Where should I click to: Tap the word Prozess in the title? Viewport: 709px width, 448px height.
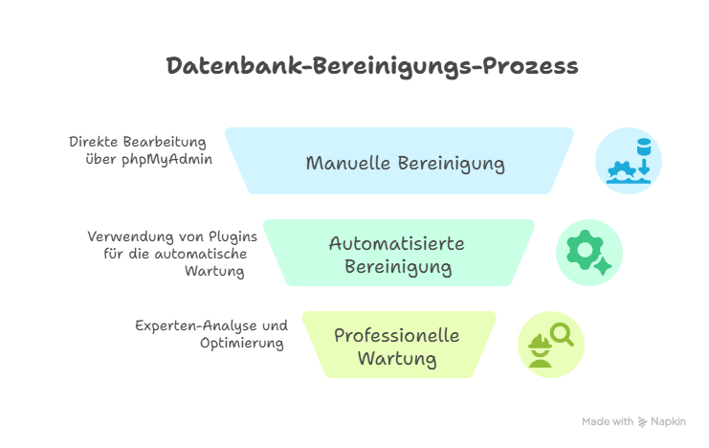[530, 66]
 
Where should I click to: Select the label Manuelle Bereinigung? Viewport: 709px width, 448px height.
[405, 164]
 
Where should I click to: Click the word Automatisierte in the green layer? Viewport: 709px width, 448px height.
[396, 243]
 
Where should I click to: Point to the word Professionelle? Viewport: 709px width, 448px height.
[396, 335]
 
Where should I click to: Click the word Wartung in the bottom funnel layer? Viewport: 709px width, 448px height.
[397, 359]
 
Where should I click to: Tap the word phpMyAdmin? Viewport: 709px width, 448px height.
[166, 160]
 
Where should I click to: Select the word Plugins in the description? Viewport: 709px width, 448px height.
[233, 237]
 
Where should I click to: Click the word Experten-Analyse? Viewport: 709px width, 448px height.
[197, 325]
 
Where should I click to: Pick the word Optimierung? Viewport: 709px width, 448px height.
[242, 344]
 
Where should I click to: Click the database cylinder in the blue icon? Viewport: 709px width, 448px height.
[643, 146]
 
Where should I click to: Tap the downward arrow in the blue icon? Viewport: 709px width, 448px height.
[644, 166]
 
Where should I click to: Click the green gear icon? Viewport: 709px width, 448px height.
[585, 249]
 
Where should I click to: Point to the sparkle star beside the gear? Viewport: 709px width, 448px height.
[602, 265]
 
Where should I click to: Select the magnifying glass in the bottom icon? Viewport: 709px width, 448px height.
[562, 335]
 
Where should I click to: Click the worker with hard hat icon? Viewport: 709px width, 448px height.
[540, 350]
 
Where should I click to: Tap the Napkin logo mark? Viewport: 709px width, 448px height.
[642, 422]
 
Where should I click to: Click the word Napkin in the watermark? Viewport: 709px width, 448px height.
[668, 422]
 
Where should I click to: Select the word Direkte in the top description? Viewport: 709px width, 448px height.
[94, 142]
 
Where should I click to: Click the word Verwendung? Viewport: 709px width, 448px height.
[131, 236]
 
